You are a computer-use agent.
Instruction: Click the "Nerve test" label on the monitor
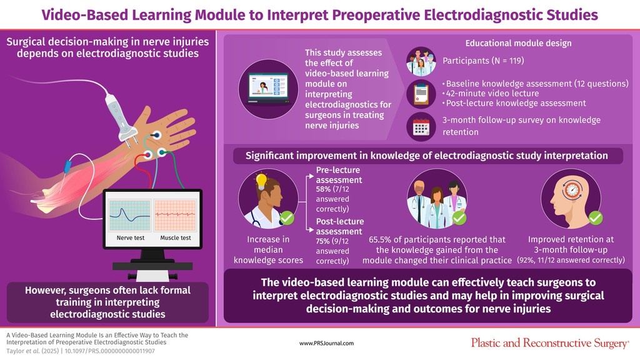(x=130, y=238)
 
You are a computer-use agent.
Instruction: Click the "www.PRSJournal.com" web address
(x=327, y=343)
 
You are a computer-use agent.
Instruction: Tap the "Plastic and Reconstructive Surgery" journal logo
(x=549, y=342)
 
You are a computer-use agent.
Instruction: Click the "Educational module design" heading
(x=518, y=43)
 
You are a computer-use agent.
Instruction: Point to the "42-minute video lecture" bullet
(x=489, y=93)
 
